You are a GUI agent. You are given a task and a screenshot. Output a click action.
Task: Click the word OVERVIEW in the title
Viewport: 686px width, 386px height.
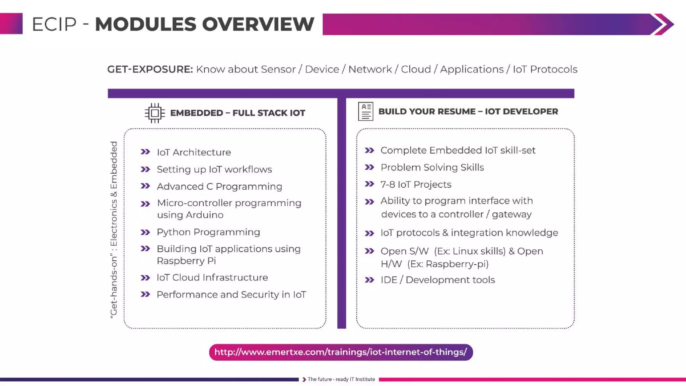pos(258,24)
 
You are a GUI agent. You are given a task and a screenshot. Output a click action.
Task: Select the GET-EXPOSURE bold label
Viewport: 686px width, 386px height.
pos(150,69)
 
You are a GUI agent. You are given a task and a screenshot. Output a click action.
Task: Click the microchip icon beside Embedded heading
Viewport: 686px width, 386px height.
pos(155,113)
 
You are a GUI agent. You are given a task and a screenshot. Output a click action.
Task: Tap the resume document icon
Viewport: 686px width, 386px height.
pos(365,112)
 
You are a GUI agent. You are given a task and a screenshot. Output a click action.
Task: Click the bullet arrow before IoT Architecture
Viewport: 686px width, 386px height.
pos(145,152)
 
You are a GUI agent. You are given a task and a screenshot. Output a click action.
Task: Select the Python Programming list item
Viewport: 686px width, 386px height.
pos(208,232)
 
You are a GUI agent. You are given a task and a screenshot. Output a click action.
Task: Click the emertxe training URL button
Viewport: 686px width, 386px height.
pos(341,352)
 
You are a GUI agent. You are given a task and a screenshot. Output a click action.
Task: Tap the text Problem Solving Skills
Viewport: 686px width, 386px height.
pos(432,168)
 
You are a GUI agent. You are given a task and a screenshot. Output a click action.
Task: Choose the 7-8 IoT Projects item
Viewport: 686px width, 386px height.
pos(416,185)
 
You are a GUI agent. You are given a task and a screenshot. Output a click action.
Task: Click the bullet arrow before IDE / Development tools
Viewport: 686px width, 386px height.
pos(369,280)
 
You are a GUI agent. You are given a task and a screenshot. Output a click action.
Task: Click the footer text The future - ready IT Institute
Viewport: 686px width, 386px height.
pos(341,379)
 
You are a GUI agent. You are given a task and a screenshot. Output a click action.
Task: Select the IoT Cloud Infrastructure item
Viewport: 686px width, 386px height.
pos(212,278)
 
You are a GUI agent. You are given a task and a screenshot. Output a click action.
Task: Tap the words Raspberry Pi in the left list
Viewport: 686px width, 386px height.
pos(186,261)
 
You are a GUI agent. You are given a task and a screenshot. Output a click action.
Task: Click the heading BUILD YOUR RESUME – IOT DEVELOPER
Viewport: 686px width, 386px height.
pos(468,112)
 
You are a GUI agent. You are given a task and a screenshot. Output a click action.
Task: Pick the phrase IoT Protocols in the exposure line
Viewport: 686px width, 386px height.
pos(545,69)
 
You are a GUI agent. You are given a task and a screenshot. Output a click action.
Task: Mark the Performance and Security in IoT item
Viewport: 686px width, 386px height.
pos(231,295)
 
